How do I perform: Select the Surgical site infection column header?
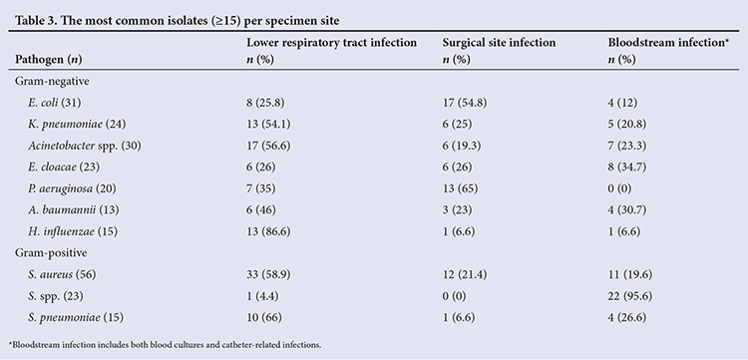click(499, 43)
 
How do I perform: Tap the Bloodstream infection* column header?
click(669, 43)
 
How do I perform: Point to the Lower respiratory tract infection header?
click(331, 43)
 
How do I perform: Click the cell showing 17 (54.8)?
click(465, 103)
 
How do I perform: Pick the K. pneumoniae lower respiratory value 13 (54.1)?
click(268, 124)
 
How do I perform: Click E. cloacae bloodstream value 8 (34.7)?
click(627, 167)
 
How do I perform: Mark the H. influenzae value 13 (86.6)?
click(268, 231)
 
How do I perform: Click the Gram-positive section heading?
click(51, 252)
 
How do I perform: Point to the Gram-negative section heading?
click(52, 81)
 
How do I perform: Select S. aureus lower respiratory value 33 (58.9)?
click(268, 274)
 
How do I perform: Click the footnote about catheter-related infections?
click(165, 344)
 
